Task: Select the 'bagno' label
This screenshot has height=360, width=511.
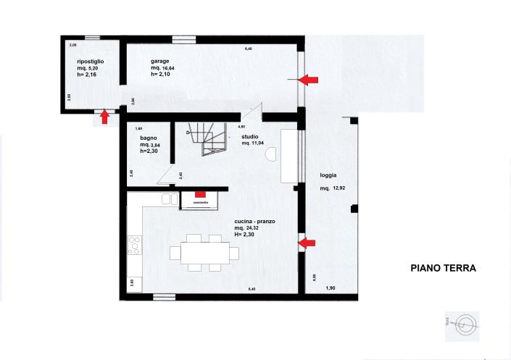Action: click(149, 138)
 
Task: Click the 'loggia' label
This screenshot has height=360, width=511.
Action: click(328, 175)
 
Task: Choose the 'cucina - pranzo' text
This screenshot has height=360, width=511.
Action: click(254, 221)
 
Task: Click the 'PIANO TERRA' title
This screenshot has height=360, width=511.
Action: click(443, 268)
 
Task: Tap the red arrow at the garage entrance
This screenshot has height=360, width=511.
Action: click(310, 79)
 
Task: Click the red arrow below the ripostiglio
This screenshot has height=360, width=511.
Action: click(105, 116)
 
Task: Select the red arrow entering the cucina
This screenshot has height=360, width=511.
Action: click(309, 243)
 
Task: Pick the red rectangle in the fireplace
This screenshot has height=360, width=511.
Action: click(201, 194)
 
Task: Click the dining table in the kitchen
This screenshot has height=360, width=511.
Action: click(204, 252)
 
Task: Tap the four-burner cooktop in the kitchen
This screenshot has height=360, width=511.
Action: click(134, 245)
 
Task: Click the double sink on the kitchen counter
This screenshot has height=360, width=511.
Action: click(170, 198)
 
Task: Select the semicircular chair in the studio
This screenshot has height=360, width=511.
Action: click(273, 153)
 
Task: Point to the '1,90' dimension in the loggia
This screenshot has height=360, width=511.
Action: click(331, 288)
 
